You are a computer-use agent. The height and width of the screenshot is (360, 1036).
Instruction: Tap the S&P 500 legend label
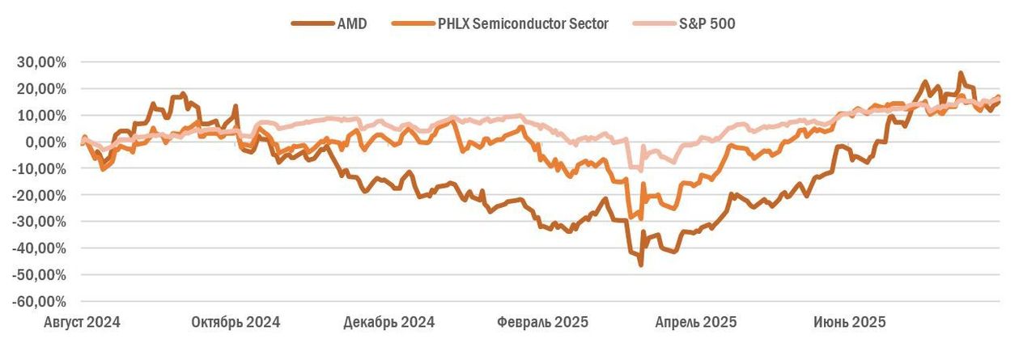point(707,23)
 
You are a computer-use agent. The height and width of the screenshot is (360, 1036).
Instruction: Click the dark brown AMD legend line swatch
point(312,23)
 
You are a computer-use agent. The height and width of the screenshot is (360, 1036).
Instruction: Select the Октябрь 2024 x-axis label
point(236,322)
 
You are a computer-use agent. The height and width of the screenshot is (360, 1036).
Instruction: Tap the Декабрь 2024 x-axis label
point(388,322)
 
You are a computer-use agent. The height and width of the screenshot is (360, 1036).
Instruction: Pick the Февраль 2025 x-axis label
point(542,322)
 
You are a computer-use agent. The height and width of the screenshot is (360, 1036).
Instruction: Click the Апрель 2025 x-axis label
point(695,322)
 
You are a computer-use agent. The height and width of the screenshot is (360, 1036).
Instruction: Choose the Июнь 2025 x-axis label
point(849,322)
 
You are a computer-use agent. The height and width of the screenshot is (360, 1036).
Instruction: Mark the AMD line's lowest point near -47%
point(641,265)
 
